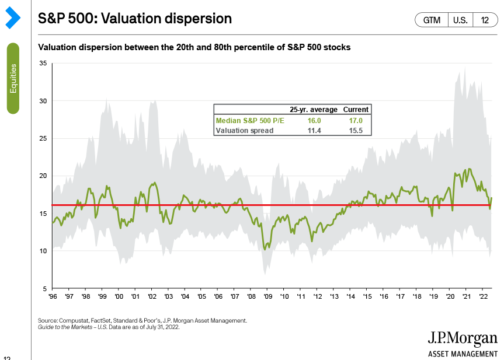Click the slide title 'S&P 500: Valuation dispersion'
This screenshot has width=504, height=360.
[135, 19]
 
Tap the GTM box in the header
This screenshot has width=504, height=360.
[431, 20]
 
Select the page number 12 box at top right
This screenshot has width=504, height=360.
[485, 20]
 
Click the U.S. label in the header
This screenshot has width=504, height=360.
[460, 20]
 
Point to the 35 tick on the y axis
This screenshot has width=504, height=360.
[43, 63]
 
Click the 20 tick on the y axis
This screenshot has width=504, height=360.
[43, 176]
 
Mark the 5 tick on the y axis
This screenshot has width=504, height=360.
[44, 288]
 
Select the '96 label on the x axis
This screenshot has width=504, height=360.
[52, 297]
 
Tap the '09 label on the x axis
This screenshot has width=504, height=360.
[267, 297]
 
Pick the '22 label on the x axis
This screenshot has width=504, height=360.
[484, 297]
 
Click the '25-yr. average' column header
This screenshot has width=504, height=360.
[314, 110]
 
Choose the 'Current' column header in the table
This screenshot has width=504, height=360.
[356, 110]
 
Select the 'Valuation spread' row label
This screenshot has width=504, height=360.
[244, 131]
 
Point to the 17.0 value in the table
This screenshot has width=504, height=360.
[356, 120]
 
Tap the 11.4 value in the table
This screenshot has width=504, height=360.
[314, 131]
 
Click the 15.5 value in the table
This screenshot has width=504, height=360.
[356, 131]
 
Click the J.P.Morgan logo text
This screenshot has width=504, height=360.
[463, 338]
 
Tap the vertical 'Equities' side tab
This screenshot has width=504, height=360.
[13, 78]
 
